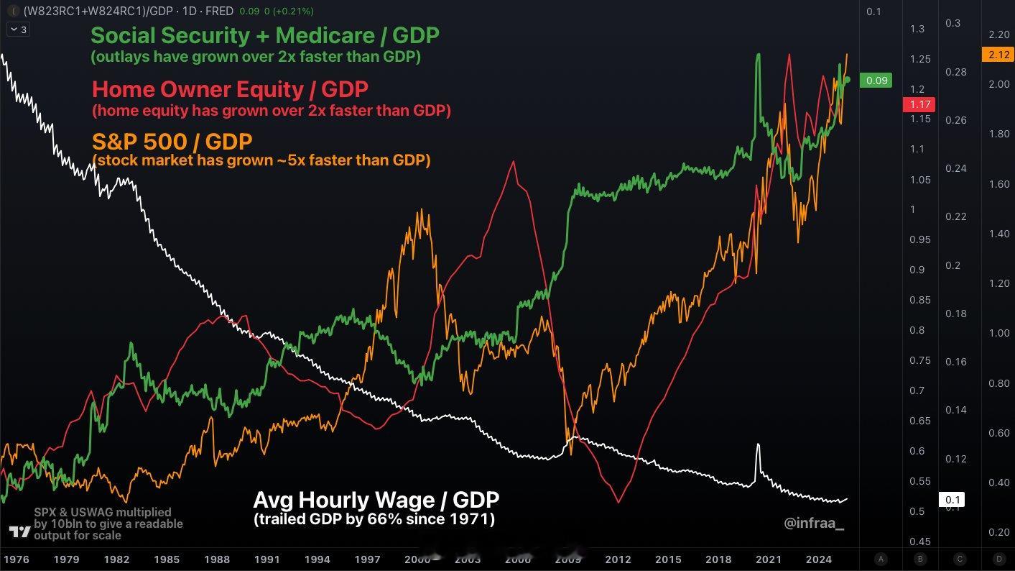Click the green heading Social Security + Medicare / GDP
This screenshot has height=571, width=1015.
[265, 35]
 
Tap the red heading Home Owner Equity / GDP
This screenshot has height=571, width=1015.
[230, 89]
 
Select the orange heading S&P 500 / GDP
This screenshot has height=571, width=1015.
[172, 140]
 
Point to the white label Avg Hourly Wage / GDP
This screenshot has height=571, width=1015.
[376, 500]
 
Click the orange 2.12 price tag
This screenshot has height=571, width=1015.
[998, 55]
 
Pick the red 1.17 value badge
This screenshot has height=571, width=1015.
[919, 104]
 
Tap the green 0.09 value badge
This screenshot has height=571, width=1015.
[876, 81]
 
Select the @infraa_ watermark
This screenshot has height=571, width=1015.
[814, 524]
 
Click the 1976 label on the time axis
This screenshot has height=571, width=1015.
[16, 559]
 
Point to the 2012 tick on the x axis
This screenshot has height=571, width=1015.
[618, 559]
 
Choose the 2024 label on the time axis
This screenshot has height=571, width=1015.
[819, 559]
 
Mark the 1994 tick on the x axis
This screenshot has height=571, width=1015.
[317, 559]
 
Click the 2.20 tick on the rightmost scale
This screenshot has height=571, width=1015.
[998, 35]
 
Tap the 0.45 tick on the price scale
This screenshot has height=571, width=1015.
[920, 542]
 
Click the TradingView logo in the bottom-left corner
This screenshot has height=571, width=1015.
[19, 531]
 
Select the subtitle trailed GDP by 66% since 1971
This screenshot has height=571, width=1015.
[374, 519]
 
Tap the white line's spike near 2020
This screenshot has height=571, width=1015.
[758, 445]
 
